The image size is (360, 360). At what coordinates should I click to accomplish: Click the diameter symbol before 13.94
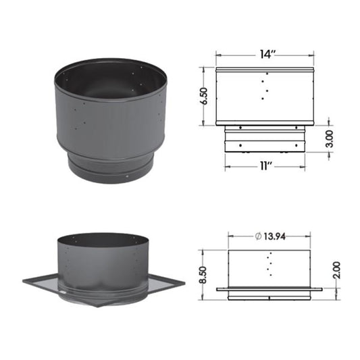(x=249, y=236)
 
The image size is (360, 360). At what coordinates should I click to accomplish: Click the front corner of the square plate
(x=98, y=305)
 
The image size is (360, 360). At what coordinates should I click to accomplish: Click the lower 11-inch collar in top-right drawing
(x=265, y=142)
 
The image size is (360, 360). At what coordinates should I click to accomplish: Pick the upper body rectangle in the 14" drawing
(x=265, y=96)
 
